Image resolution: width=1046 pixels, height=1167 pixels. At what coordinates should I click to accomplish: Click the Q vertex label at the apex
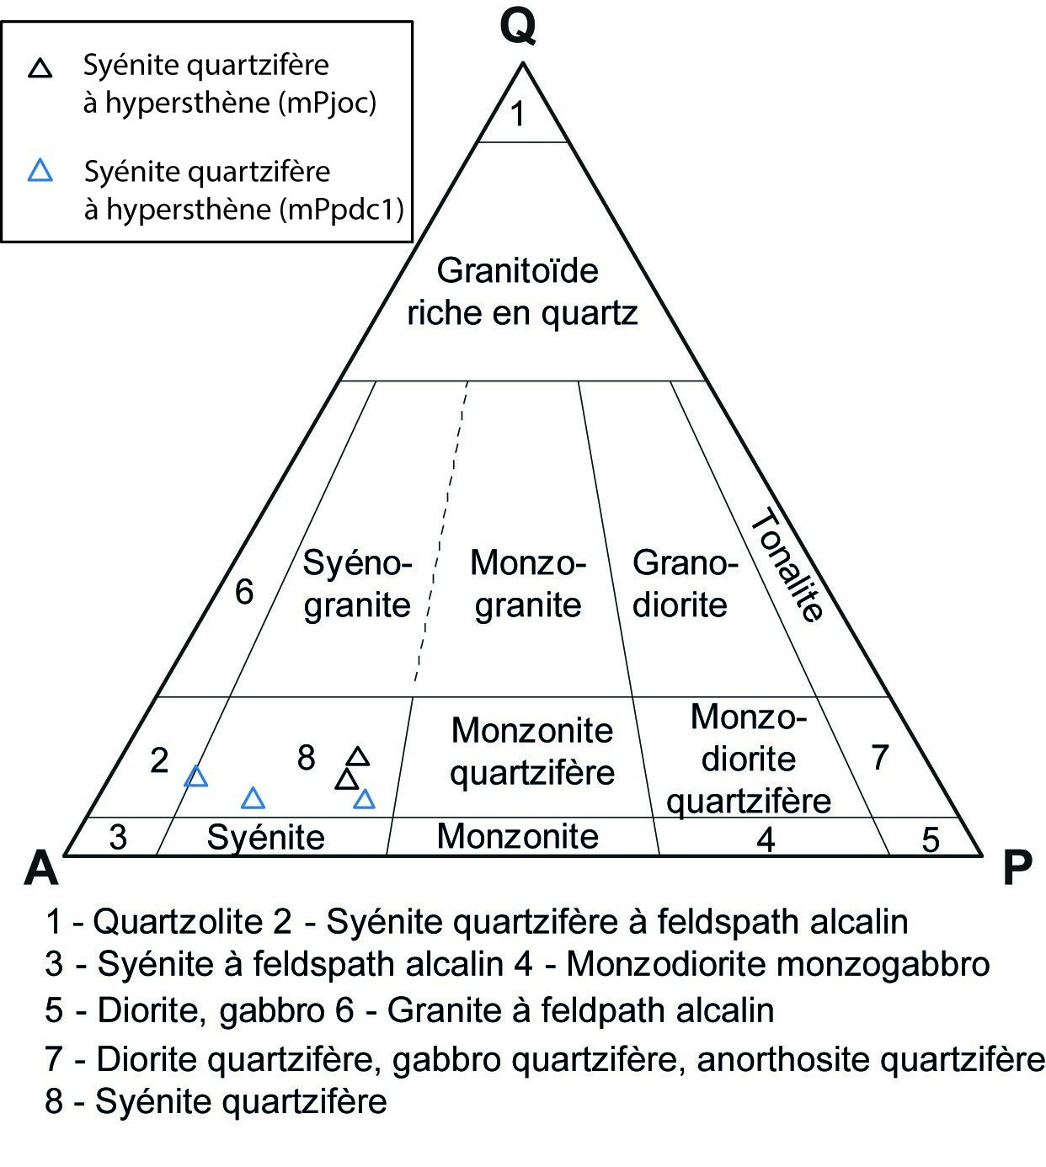click(517, 27)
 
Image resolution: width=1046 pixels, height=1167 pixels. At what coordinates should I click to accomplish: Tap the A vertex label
click(41, 867)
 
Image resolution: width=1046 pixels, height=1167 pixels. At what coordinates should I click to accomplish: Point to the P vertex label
click(1017, 867)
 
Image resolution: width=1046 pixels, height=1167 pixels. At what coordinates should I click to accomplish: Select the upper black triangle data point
click(358, 757)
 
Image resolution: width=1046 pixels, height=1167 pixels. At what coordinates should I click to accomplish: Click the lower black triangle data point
click(346, 780)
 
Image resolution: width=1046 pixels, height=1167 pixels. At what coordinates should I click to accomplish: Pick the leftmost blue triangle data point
click(196, 776)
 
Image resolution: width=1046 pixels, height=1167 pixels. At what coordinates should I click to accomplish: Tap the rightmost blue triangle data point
click(364, 799)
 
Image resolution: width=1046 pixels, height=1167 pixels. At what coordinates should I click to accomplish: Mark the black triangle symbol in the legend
click(40, 68)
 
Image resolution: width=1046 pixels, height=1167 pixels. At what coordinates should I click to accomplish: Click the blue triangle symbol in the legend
click(40, 172)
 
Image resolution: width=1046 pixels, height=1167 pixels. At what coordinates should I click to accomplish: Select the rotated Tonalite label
click(786, 567)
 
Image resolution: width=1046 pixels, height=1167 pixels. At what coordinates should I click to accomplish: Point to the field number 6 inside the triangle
click(244, 592)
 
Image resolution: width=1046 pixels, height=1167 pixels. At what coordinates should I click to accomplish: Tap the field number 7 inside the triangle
click(880, 758)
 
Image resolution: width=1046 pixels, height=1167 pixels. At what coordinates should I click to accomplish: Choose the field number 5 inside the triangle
click(930, 839)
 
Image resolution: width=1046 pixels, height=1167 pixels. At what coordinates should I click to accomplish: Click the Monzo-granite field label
click(527, 583)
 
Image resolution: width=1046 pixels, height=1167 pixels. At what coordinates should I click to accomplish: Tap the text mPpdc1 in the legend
click(340, 209)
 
